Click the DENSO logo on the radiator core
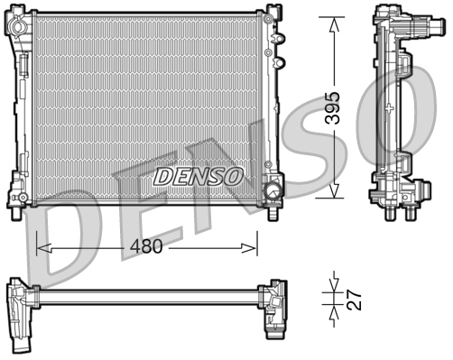pyautogui.click(x=197, y=175)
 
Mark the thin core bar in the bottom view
pyautogui.click(x=144, y=293)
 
